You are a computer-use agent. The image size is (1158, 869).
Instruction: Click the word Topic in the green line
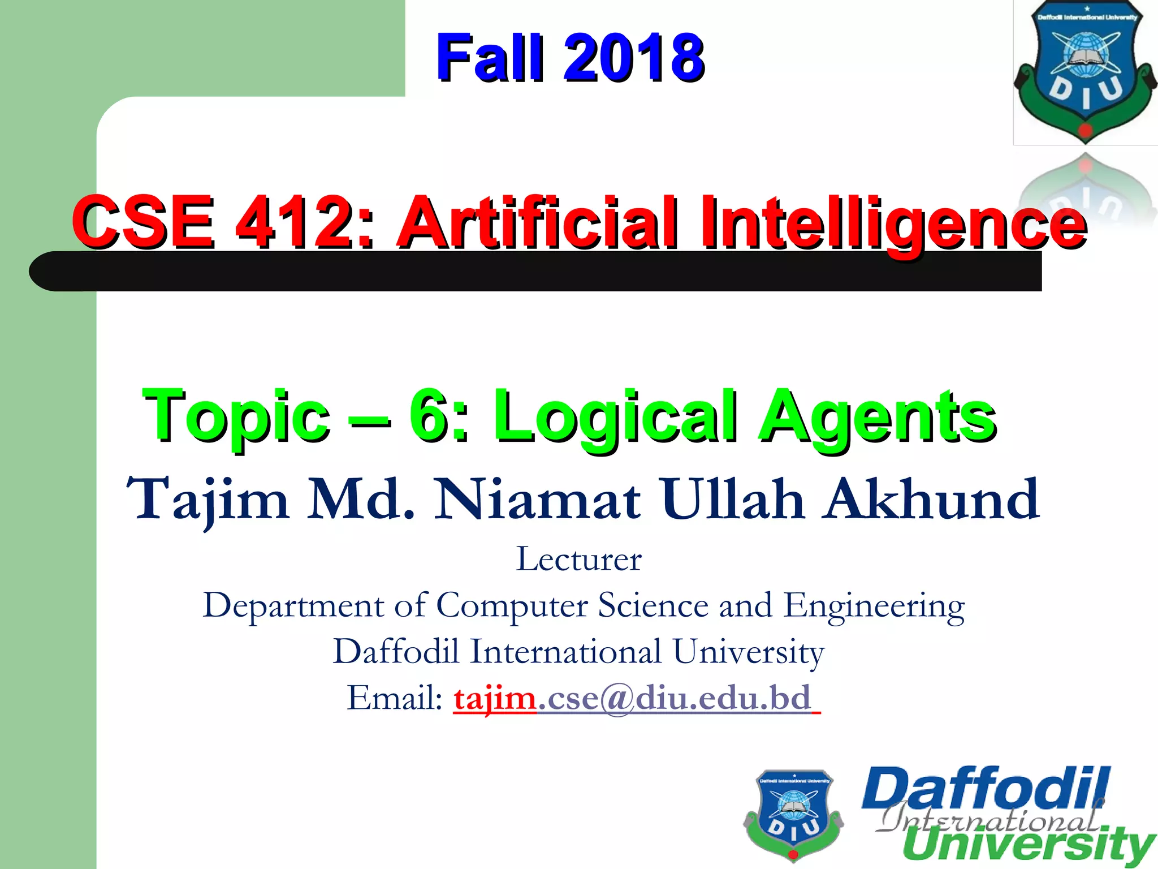click(236, 417)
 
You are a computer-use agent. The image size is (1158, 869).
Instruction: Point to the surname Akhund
click(931, 499)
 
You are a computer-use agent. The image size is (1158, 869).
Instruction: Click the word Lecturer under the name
click(578, 559)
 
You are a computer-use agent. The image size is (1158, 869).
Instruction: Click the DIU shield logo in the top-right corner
click(1085, 71)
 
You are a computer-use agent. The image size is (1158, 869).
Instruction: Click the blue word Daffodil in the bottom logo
click(985, 789)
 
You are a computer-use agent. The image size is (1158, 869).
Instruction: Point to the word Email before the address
click(394, 698)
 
